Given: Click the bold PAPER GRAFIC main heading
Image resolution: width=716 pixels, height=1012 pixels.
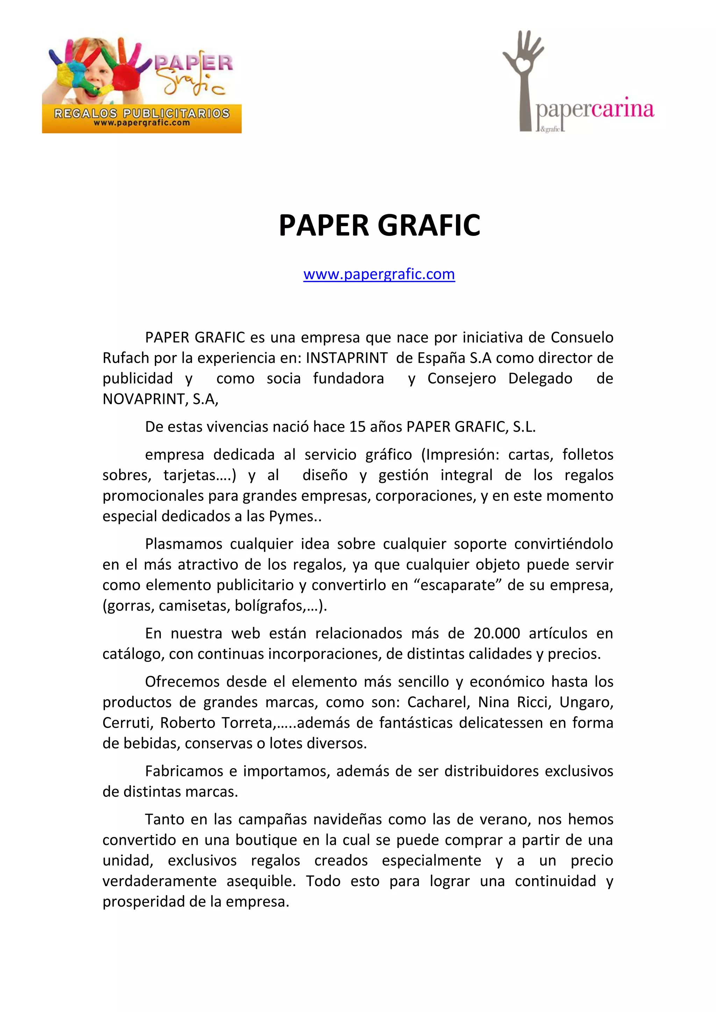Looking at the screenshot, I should [x=379, y=226].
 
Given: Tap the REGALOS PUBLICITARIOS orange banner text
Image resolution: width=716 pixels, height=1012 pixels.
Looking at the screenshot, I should [x=142, y=113].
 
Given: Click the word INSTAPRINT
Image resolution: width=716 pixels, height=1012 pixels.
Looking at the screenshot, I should [x=346, y=358].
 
